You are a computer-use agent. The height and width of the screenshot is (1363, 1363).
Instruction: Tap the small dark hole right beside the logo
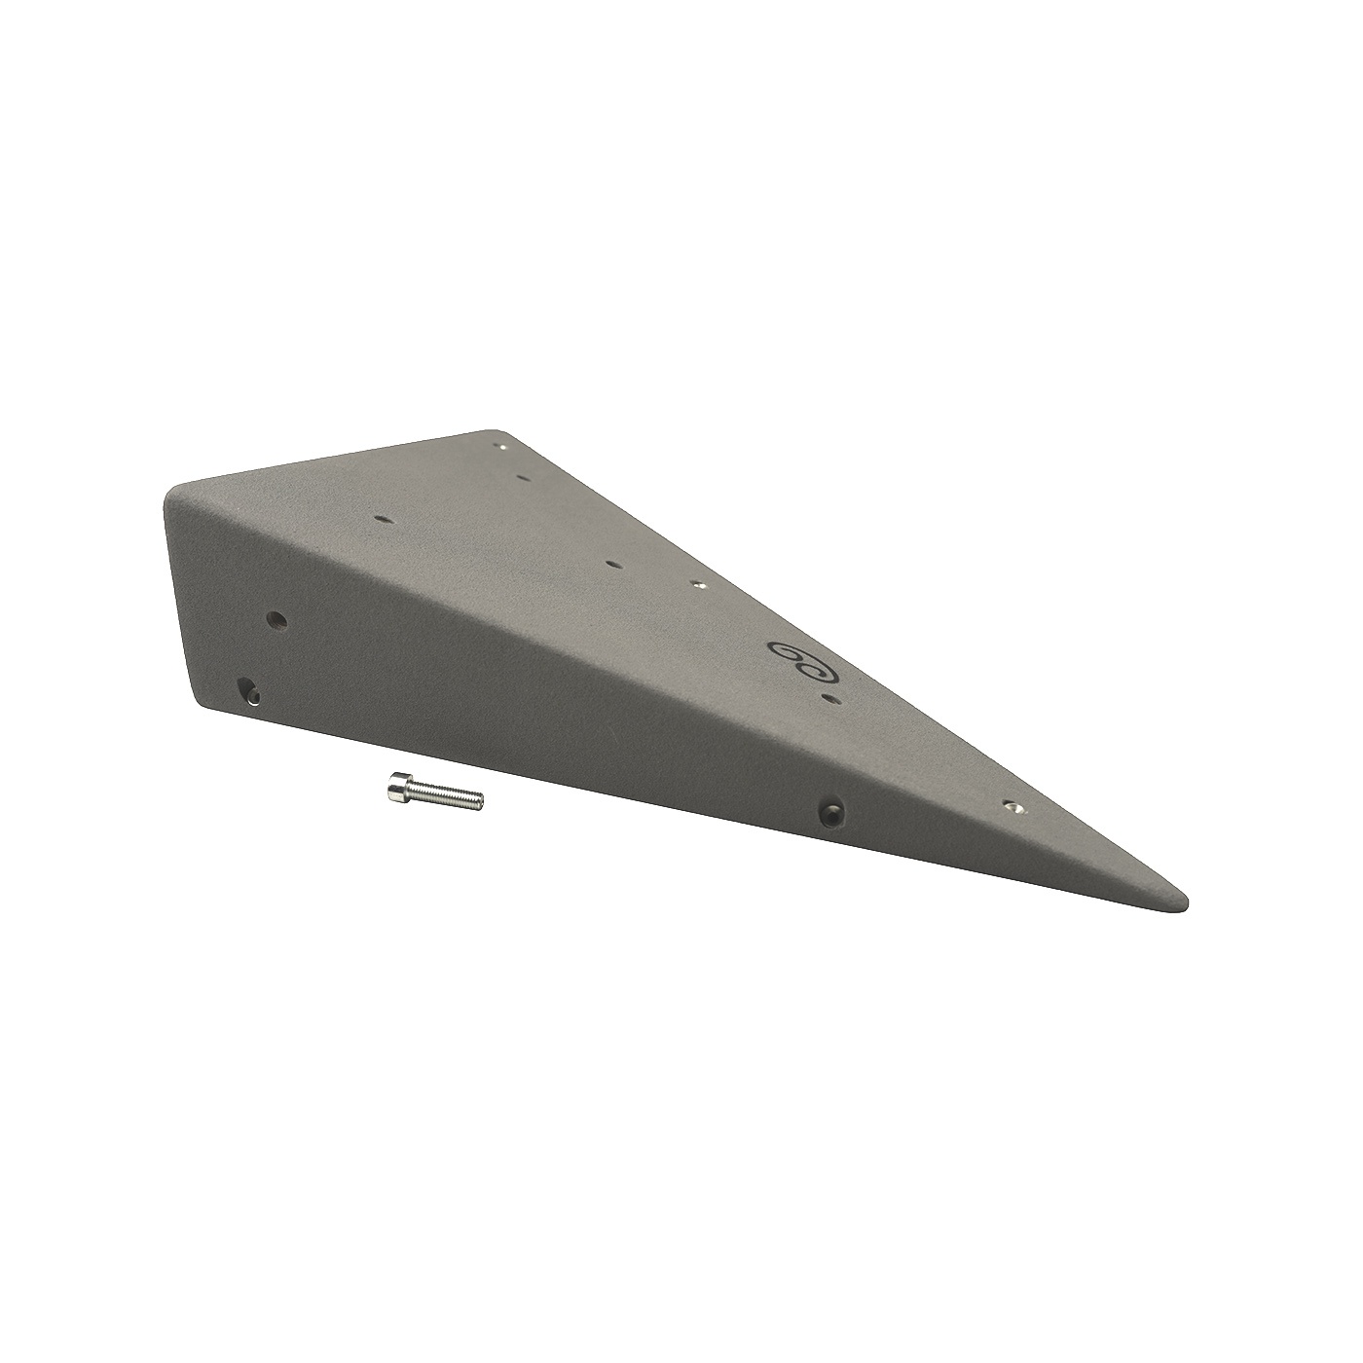(830, 698)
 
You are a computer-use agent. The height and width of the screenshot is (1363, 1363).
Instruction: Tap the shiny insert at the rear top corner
(502, 447)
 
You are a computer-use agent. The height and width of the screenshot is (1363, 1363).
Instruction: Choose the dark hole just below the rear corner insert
(523, 478)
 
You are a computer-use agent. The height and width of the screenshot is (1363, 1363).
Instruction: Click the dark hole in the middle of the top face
(610, 562)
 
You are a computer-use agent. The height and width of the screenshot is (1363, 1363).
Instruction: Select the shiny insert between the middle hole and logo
(697, 584)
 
